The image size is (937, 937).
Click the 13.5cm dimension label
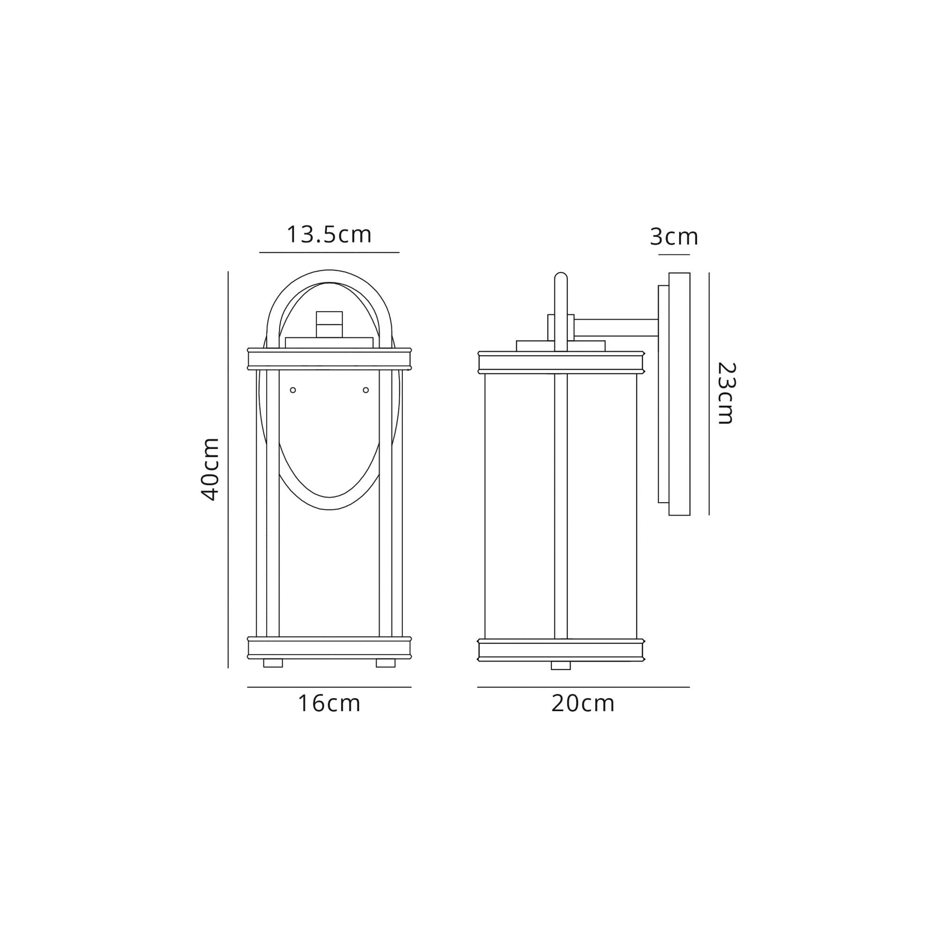(329, 235)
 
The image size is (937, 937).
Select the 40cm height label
(210, 468)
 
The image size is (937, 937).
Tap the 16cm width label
(329, 704)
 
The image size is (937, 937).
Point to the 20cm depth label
(582, 704)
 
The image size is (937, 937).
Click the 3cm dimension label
(674, 237)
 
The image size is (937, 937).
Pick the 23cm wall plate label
(726, 394)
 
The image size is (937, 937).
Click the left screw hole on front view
(292, 390)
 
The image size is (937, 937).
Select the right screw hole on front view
(366, 390)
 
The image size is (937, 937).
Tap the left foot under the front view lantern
(273, 663)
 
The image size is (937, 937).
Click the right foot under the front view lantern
(386, 663)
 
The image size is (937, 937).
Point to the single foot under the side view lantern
(561, 665)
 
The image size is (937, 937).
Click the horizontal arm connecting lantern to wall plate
(616, 327)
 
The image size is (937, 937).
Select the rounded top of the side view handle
(561, 277)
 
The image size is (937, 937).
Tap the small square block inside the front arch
(329, 324)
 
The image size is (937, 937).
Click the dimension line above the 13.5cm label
(329, 252)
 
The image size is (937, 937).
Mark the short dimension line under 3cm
(674, 254)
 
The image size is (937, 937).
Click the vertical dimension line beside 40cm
(228, 469)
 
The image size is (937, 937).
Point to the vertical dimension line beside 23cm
(709, 394)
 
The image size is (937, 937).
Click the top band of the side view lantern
(561, 362)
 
